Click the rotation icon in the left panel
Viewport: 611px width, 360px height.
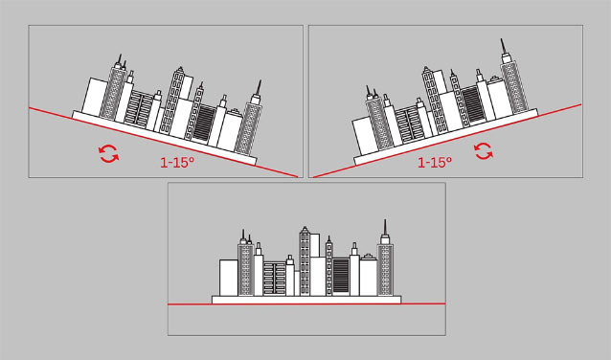tap(109, 153)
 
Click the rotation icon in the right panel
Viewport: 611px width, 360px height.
tap(484, 151)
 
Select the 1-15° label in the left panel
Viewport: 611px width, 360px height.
tap(177, 163)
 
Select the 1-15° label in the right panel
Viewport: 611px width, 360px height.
tap(435, 162)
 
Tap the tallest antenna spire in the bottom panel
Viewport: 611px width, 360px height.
tap(385, 227)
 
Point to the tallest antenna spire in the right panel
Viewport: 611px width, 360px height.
tap(503, 46)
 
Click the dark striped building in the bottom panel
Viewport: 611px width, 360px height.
tap(341, 277)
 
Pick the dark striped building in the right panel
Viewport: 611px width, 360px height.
tap(473, 104)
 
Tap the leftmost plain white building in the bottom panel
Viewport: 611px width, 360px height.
tap(229, 278)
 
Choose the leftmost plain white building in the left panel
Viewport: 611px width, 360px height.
tap(94, 97)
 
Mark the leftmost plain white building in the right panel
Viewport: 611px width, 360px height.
tap(365, 135)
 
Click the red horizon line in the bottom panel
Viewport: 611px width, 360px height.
tap(306, 304)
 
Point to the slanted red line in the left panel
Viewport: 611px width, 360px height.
tap(164, 143)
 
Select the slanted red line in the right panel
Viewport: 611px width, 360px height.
tap(447, 141)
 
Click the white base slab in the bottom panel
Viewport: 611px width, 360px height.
tap(306, 300)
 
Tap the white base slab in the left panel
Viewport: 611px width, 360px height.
tap(165, 138)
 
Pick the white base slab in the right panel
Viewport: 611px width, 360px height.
tap(445, 137)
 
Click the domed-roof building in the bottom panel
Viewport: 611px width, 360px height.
tap(369, 275)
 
